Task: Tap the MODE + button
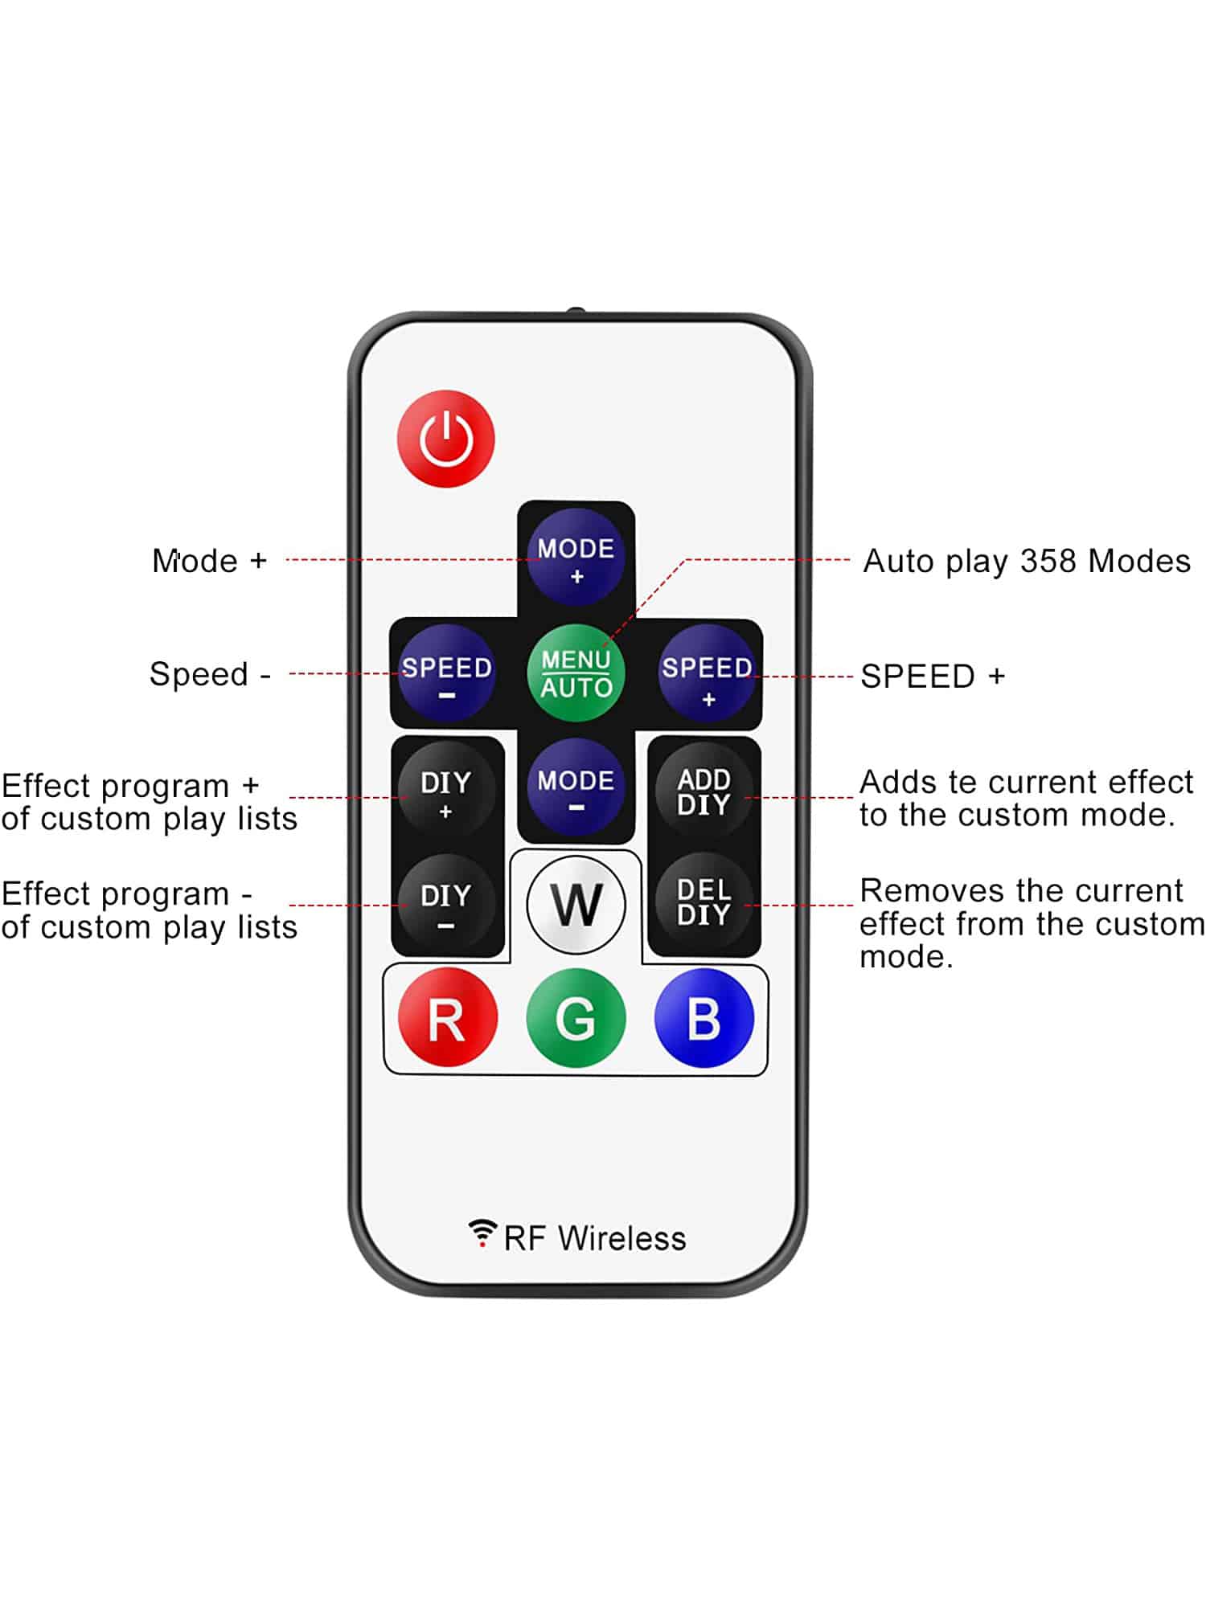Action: pyautogui.click(x=576, y=557)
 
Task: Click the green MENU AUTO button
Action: pyautogui.click(x=576, y=673)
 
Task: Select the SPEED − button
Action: pyautogui.click(x=446, y=673)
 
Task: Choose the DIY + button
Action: pyautogui.click(x=446, y=790)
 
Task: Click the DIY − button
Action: pyautogui.click(x=446, y=903)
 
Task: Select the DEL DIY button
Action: pyautogui.click(x=704, y=902)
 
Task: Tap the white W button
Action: pyautogui.click(x=576, y=905)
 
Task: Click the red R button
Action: pyautogui.click(x=447, y=1018)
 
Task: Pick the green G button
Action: pyautogui.click(x=576, y=1018)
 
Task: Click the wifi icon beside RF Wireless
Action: pyautogui.click(x=482, y=1233)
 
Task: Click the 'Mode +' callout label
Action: pyautogui.click(x=209, y=561)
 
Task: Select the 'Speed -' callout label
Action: pyautogui.click(x=209, y=674)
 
